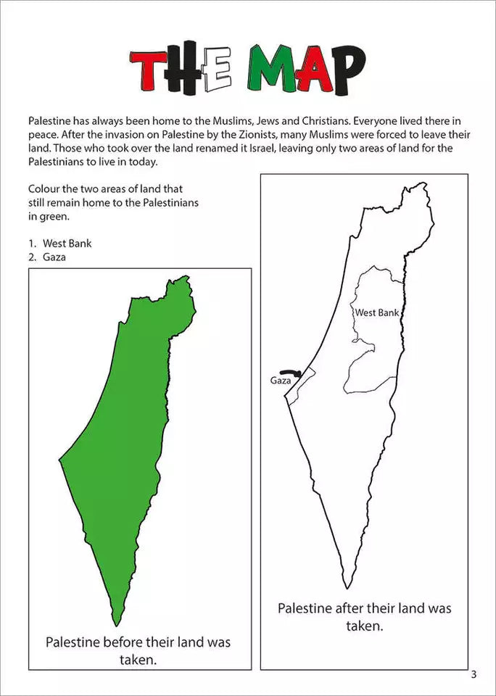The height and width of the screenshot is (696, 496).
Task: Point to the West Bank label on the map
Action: pos(377,312)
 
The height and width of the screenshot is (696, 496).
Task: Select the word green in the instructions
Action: pos(57,216)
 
